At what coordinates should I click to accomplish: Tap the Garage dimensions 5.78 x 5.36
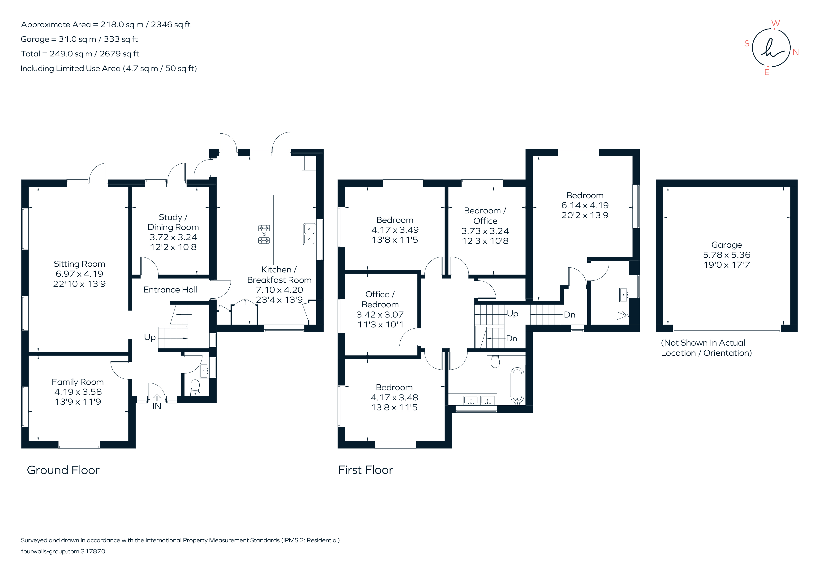pos(727,255)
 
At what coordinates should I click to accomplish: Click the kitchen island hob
pos(264,234)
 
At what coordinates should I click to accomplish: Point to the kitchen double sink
pos(309,234)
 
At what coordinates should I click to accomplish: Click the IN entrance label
pos(157,406)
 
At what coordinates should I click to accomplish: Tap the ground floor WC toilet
pos(195,387)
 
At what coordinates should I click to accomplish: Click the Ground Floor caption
pos(63,470)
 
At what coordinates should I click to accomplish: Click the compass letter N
pos(795,52)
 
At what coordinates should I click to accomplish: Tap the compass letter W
pos(776,24)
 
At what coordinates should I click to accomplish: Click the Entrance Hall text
pos(171,290)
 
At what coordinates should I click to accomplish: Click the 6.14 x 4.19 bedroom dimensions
pos(585,205)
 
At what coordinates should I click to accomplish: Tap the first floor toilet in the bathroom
pos(495,361)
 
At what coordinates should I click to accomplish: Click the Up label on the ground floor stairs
pos(150,337)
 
